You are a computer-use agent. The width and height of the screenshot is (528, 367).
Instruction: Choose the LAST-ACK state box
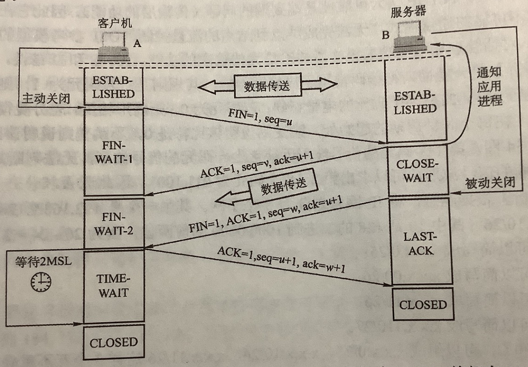(x=418, y=244)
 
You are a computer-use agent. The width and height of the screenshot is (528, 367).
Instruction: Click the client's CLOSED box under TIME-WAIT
(x=114, y=343)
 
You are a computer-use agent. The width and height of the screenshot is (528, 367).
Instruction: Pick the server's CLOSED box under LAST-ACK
(x=423, y=306)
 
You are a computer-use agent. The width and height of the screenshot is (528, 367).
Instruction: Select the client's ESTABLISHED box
(x=114, y=87)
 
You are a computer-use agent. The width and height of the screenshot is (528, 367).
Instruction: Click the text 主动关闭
(x=46, y=98)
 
